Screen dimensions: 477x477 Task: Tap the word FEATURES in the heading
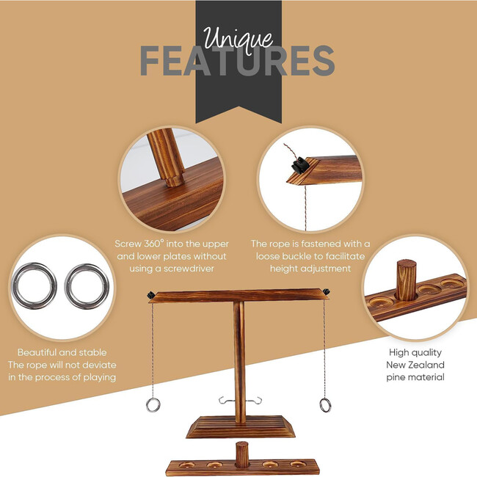[x=238, y=62]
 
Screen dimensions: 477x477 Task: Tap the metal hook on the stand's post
[x=239, y=401]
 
